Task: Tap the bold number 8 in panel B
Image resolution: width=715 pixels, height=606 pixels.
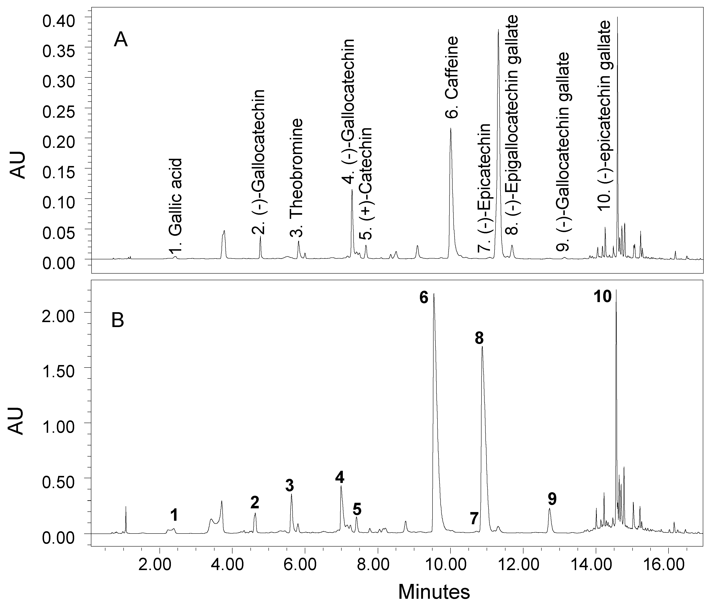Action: coord(479,338)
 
